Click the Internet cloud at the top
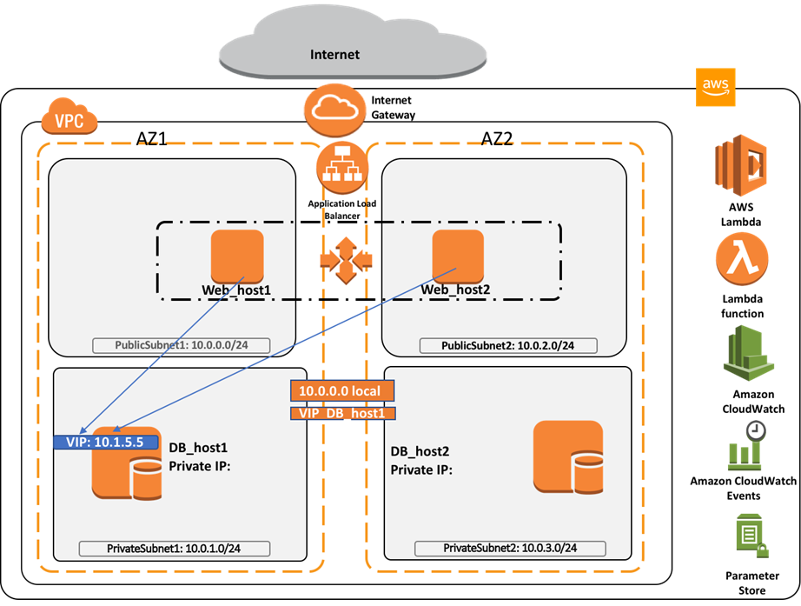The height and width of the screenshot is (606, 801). (x=334, y=43)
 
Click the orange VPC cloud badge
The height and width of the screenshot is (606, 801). (x=70, y=121)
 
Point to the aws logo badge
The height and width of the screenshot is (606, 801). (x=716, y=87)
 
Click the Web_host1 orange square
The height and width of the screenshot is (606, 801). (x=237, y=256)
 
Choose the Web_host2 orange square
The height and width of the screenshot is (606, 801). (x=458, y=256)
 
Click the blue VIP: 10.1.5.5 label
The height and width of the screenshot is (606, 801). (x=105, y=442)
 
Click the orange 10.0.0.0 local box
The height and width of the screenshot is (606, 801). (x=341, y=391)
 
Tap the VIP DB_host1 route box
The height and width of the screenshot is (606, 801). (x=341, y=414)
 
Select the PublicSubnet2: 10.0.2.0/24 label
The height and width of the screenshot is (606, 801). (x=508, y=346)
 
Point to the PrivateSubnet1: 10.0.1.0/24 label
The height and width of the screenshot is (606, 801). (x=175, y=549)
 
